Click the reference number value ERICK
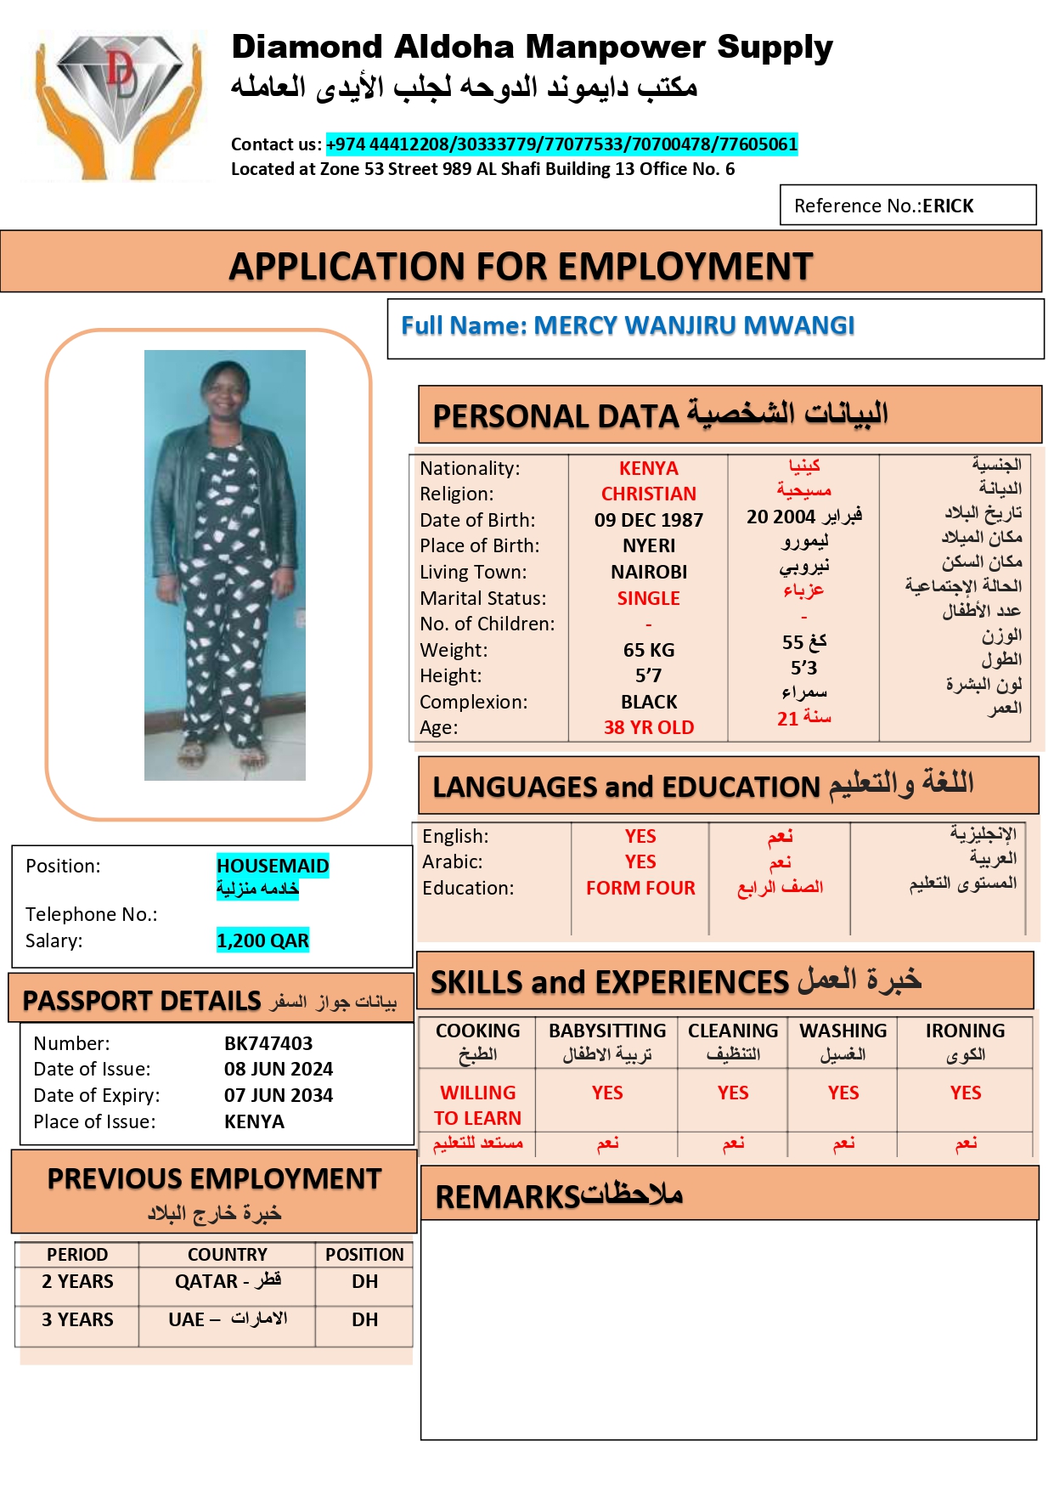tap(948, 206)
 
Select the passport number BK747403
tap(268, 1043)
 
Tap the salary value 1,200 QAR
tap(262, 940)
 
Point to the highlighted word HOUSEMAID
tap(273, 866)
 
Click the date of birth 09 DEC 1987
tap(649, 520)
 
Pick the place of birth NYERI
tap(649, 545)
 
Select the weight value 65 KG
tap(649, 650)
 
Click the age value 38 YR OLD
tap(649, 727)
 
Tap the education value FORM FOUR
tap(640, 888)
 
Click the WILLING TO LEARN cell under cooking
tap(477, 1104)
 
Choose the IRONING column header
tap(965, 1031)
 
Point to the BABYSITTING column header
tap(607, 1031)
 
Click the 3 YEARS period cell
tap(77, 1319)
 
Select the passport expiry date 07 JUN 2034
tap(279, 1095)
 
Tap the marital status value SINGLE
tap(649, 598)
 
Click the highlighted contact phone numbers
tap(561, 144)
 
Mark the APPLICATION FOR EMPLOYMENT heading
tap(521, 267)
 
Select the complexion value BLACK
tap(649, 702)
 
